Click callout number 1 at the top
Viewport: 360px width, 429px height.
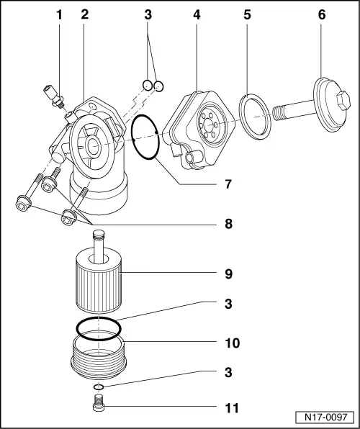[60, 14]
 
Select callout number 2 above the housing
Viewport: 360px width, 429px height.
[85, 14]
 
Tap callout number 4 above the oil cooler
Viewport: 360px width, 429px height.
[195, 14]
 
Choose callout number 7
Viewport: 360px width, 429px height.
[227, 184]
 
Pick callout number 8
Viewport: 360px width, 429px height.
[227, 225]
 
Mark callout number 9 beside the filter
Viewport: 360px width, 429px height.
[227, 274]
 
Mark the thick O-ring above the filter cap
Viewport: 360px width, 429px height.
[99, 328]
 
